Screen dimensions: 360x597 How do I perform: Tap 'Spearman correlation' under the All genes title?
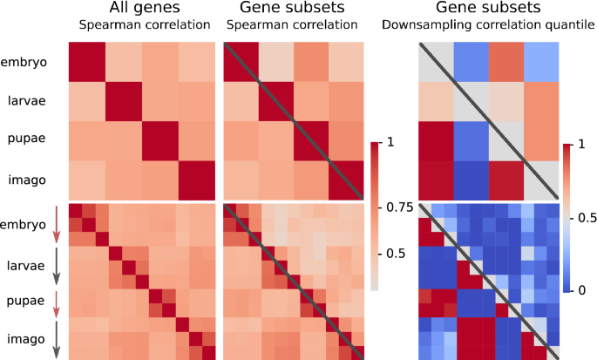point(141,26)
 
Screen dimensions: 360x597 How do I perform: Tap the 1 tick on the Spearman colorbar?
point(390,142)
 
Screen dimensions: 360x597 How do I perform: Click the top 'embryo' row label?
point(24,61)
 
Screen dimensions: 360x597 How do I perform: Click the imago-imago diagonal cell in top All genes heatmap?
point(196,180)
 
